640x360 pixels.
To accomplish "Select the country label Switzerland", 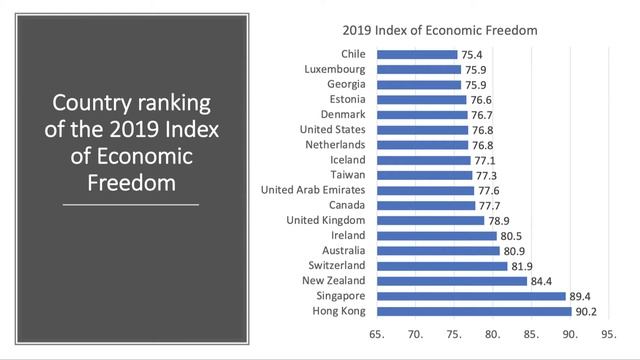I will tap(338, 266).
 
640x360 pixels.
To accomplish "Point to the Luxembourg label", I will tap(335, 70).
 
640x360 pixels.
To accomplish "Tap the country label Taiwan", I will tap(349, 175).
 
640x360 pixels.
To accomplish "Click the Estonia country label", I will tap(346, 100).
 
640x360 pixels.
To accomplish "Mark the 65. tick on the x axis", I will tap(377, 336).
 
